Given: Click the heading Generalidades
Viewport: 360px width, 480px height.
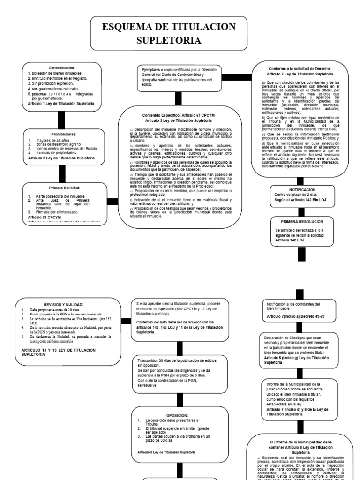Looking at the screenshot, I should [x=61, y=68].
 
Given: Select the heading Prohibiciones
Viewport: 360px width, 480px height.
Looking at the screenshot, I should [x=61, y=135].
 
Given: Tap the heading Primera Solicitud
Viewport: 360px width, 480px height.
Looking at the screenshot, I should [x=61, y=187].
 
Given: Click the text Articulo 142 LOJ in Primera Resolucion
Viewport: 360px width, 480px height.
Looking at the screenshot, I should [x=290, y=240].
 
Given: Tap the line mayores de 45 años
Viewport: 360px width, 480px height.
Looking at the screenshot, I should [x=52, y=140].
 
